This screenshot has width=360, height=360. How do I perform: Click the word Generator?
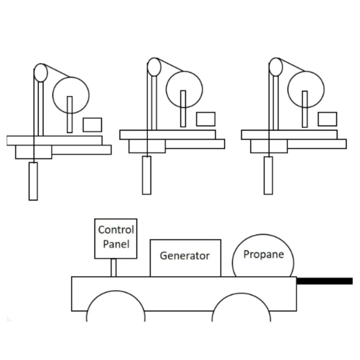pyautogui.click(x=185, y=256)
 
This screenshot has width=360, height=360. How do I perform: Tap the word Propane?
pyautogui.click(x=263, y=254)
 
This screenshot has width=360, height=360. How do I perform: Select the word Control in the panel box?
pyautogui.click(x=116, y=230)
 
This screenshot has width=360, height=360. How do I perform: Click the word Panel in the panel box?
pyautogui.click(x=116, y=244)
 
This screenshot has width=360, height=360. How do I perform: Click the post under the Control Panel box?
pyautogui.click(x=113, y=268)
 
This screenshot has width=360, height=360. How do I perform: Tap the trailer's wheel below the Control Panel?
pyautogui.click(x=115, y=309)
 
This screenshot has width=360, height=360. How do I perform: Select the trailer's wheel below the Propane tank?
pyautogui.click(x=241, y=309)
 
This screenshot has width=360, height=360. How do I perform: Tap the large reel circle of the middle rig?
pyautogui.click(x=184, y=89)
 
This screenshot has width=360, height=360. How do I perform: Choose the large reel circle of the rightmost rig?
pyautogui.click(x=306, y=89)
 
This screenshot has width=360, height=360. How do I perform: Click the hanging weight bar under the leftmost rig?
pyautogui.click(x=33, y=181)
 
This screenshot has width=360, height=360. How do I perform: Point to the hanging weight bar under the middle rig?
pyautogui.click(x=147, y=175)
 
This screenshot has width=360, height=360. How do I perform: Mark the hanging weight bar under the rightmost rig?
pyautogui.click(x=268, y=175)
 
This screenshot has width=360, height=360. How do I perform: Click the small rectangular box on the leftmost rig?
pyautogui.click(x=92, y=125)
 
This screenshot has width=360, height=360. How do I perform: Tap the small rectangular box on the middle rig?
pyautogui.click(x=206, y=119)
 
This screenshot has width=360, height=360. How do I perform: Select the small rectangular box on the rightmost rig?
pyautogui.click(x=327, y=119)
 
